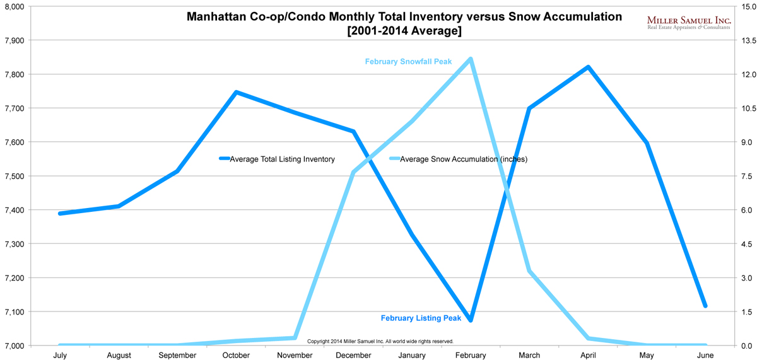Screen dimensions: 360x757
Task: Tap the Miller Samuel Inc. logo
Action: pyautogui.click(x=689, y=23)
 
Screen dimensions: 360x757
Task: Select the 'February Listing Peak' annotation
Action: pyautogui.click(x=421, y=318)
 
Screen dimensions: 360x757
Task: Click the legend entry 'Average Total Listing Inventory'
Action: pyautogui.click(x=282, y=159)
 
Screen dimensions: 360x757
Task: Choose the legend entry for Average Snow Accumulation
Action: pyautogui.click(x=463, y=159)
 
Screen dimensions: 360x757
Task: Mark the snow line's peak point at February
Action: pyautogui.click(x=470, y=59)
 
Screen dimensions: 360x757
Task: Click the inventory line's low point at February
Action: pyautogui.click(x=470, y=320)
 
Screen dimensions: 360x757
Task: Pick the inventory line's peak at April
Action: pyautogui.click(x=588, y=67)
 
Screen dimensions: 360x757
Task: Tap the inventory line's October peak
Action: pyautogui.click(x=236, y=92)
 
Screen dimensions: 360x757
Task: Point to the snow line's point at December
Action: pyautogui.click(x=353, y=172)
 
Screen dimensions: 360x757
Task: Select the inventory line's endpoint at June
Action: pyautogui.click(x=705, y=306)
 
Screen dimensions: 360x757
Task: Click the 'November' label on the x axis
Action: pyautogui.click(x=295, y=356)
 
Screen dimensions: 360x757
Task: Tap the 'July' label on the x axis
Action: pyautogui.click(x=60, y=356)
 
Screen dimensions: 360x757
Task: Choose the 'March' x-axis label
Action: pyautogui.click(x=529, y=356)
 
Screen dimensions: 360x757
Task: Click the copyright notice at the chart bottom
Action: pyautogui.click(x=380, y=341)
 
